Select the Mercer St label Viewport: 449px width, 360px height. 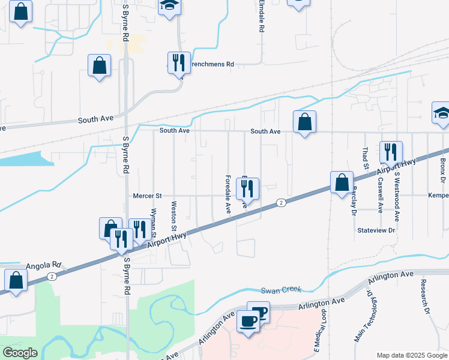[x=147, y=196]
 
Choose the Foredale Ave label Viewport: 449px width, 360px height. [x=228, y=195]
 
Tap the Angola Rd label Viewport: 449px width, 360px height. [x=44, y=265]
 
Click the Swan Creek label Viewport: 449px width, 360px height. [x=280, y=291]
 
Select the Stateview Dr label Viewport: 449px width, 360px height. [x=376, y=230]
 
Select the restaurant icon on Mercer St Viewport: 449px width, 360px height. [x=247, y=190]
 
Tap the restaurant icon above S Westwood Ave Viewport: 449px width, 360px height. [x=391, y=153]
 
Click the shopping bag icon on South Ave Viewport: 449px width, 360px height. [x=305, y=122]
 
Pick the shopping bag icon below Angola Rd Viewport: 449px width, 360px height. [x=16, y=280]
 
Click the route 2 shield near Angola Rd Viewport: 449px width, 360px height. [x=53, y=276]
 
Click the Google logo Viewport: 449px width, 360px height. [x=20, y=353]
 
